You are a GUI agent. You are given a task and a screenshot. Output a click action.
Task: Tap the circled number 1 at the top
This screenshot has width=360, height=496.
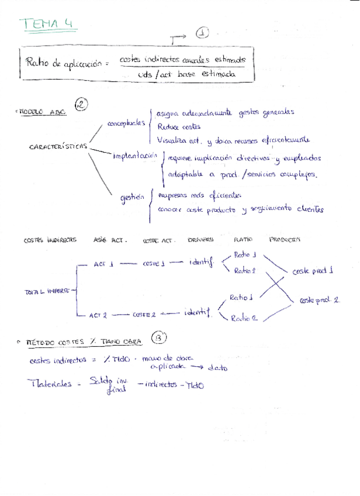pyautogui.click(x=202, y=33)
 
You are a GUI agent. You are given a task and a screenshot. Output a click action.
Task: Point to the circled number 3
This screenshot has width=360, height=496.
pyautogui.click(x=158, y=337)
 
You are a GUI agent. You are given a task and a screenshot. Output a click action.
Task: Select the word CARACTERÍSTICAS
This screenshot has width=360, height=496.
pyautogui.click(x=58, y=146)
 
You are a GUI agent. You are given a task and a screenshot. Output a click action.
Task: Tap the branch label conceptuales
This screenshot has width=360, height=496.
pyautogui.click(x=126, y=123)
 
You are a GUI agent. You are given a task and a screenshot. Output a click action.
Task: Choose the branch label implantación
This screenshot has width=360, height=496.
pyautogui.click(x=136, y=156)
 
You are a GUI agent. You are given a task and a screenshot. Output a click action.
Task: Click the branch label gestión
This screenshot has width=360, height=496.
pyautogui.click(x=131, y=198)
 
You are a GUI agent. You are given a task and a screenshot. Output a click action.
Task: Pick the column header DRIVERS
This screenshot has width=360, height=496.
pyautogui.click(x=200, y=239)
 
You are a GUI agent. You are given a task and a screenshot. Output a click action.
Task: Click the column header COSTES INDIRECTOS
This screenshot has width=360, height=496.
pyautogui.click(x=50, y=240)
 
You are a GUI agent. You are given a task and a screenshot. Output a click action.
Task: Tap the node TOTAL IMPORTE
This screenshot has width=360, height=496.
pyautogui.click(x=47, y=290)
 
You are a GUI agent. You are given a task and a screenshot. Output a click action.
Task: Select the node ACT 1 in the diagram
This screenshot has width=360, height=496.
pyautogui.click(x=103, y=264)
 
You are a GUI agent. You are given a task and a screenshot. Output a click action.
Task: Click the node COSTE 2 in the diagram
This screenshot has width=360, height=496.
pyautogui.click(x=144, y=315)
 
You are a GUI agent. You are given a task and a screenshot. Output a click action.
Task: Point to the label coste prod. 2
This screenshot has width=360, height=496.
pyautogui.click(x=319, y=299)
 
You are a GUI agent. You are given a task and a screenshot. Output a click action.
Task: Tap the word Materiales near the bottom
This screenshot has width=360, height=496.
pyautogui.click(x=50, y=384)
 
